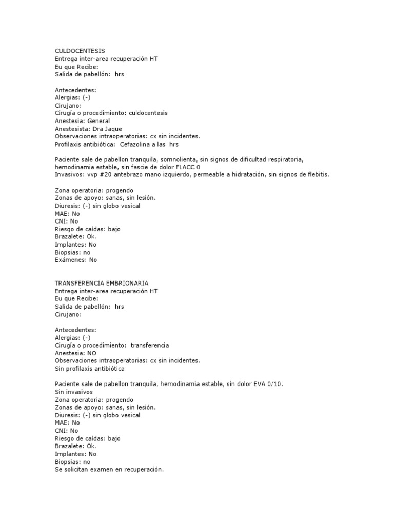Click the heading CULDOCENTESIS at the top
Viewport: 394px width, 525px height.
point(80,51)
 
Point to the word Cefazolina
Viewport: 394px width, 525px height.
point(136,144)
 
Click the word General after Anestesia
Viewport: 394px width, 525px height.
point(98,121)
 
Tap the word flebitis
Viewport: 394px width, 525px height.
point(317,175)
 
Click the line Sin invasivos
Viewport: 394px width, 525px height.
point(74,392)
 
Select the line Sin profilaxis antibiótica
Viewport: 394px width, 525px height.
point(89,369)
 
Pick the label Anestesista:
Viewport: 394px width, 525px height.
point(73,129)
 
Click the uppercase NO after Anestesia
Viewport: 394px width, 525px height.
point(91,353)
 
